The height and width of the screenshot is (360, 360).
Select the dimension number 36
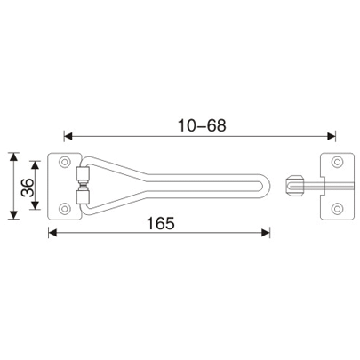[27, 186]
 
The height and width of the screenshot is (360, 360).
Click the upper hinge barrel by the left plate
[83, 173]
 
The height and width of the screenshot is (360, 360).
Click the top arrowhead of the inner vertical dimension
[36, 165]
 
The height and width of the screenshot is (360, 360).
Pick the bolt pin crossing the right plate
[320, 186]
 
